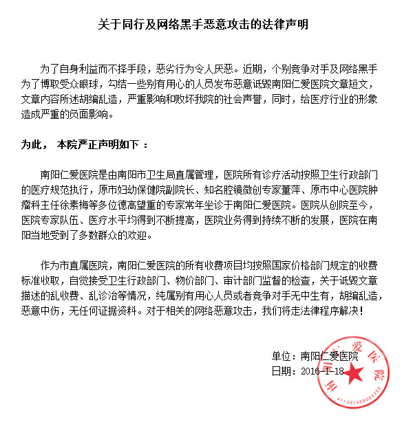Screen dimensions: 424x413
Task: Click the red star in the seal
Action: pos(353,375)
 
